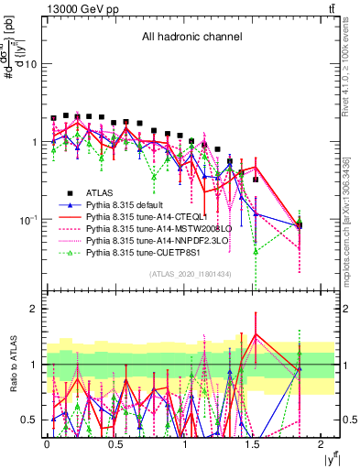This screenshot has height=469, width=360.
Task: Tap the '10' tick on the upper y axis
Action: coord(30,65)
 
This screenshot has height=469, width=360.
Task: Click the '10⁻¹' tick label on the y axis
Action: coord(27,220)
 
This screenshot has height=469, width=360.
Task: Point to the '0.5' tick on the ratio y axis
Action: coord(29,420)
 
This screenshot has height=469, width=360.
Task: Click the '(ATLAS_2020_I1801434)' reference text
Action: coord(190,274)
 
